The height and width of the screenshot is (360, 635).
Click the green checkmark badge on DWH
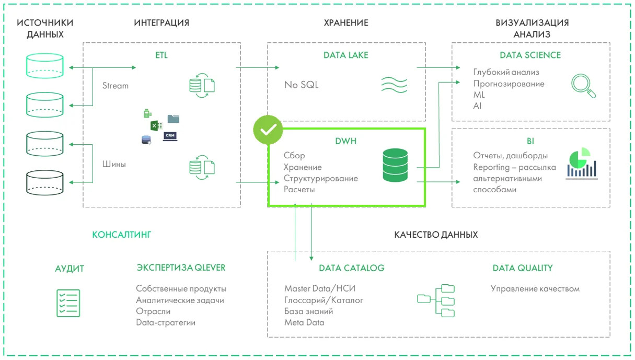tap(268, 130)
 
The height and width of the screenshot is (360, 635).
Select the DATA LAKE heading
tap(345, 55)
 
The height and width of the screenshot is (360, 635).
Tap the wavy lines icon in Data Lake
tap(394, 84)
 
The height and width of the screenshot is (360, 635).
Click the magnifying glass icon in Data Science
tap(584, 86)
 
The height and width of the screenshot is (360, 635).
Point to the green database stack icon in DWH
tap(395, 165)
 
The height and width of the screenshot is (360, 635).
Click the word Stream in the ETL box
tap(116, 86)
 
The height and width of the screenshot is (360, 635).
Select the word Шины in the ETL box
tap(114, 164)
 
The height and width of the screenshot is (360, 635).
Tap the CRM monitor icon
tap(170, 136)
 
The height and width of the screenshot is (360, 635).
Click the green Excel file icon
tap(155, 125)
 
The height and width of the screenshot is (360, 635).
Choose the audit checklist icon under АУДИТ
tap(68, 303)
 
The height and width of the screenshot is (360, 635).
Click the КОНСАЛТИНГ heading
tap(122, 235)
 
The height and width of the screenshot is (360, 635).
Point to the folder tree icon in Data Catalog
tap(436, 300)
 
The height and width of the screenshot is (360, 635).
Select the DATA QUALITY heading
tap(522, 268)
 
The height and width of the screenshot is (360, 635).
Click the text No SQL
tap(301, 85)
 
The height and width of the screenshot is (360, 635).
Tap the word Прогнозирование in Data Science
tap(509, 84)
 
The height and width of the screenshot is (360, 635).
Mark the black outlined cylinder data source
tap(45, 181)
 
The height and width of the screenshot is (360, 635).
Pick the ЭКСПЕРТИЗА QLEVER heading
tap(181, 268)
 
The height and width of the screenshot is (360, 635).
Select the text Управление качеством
tap(535, 288)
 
